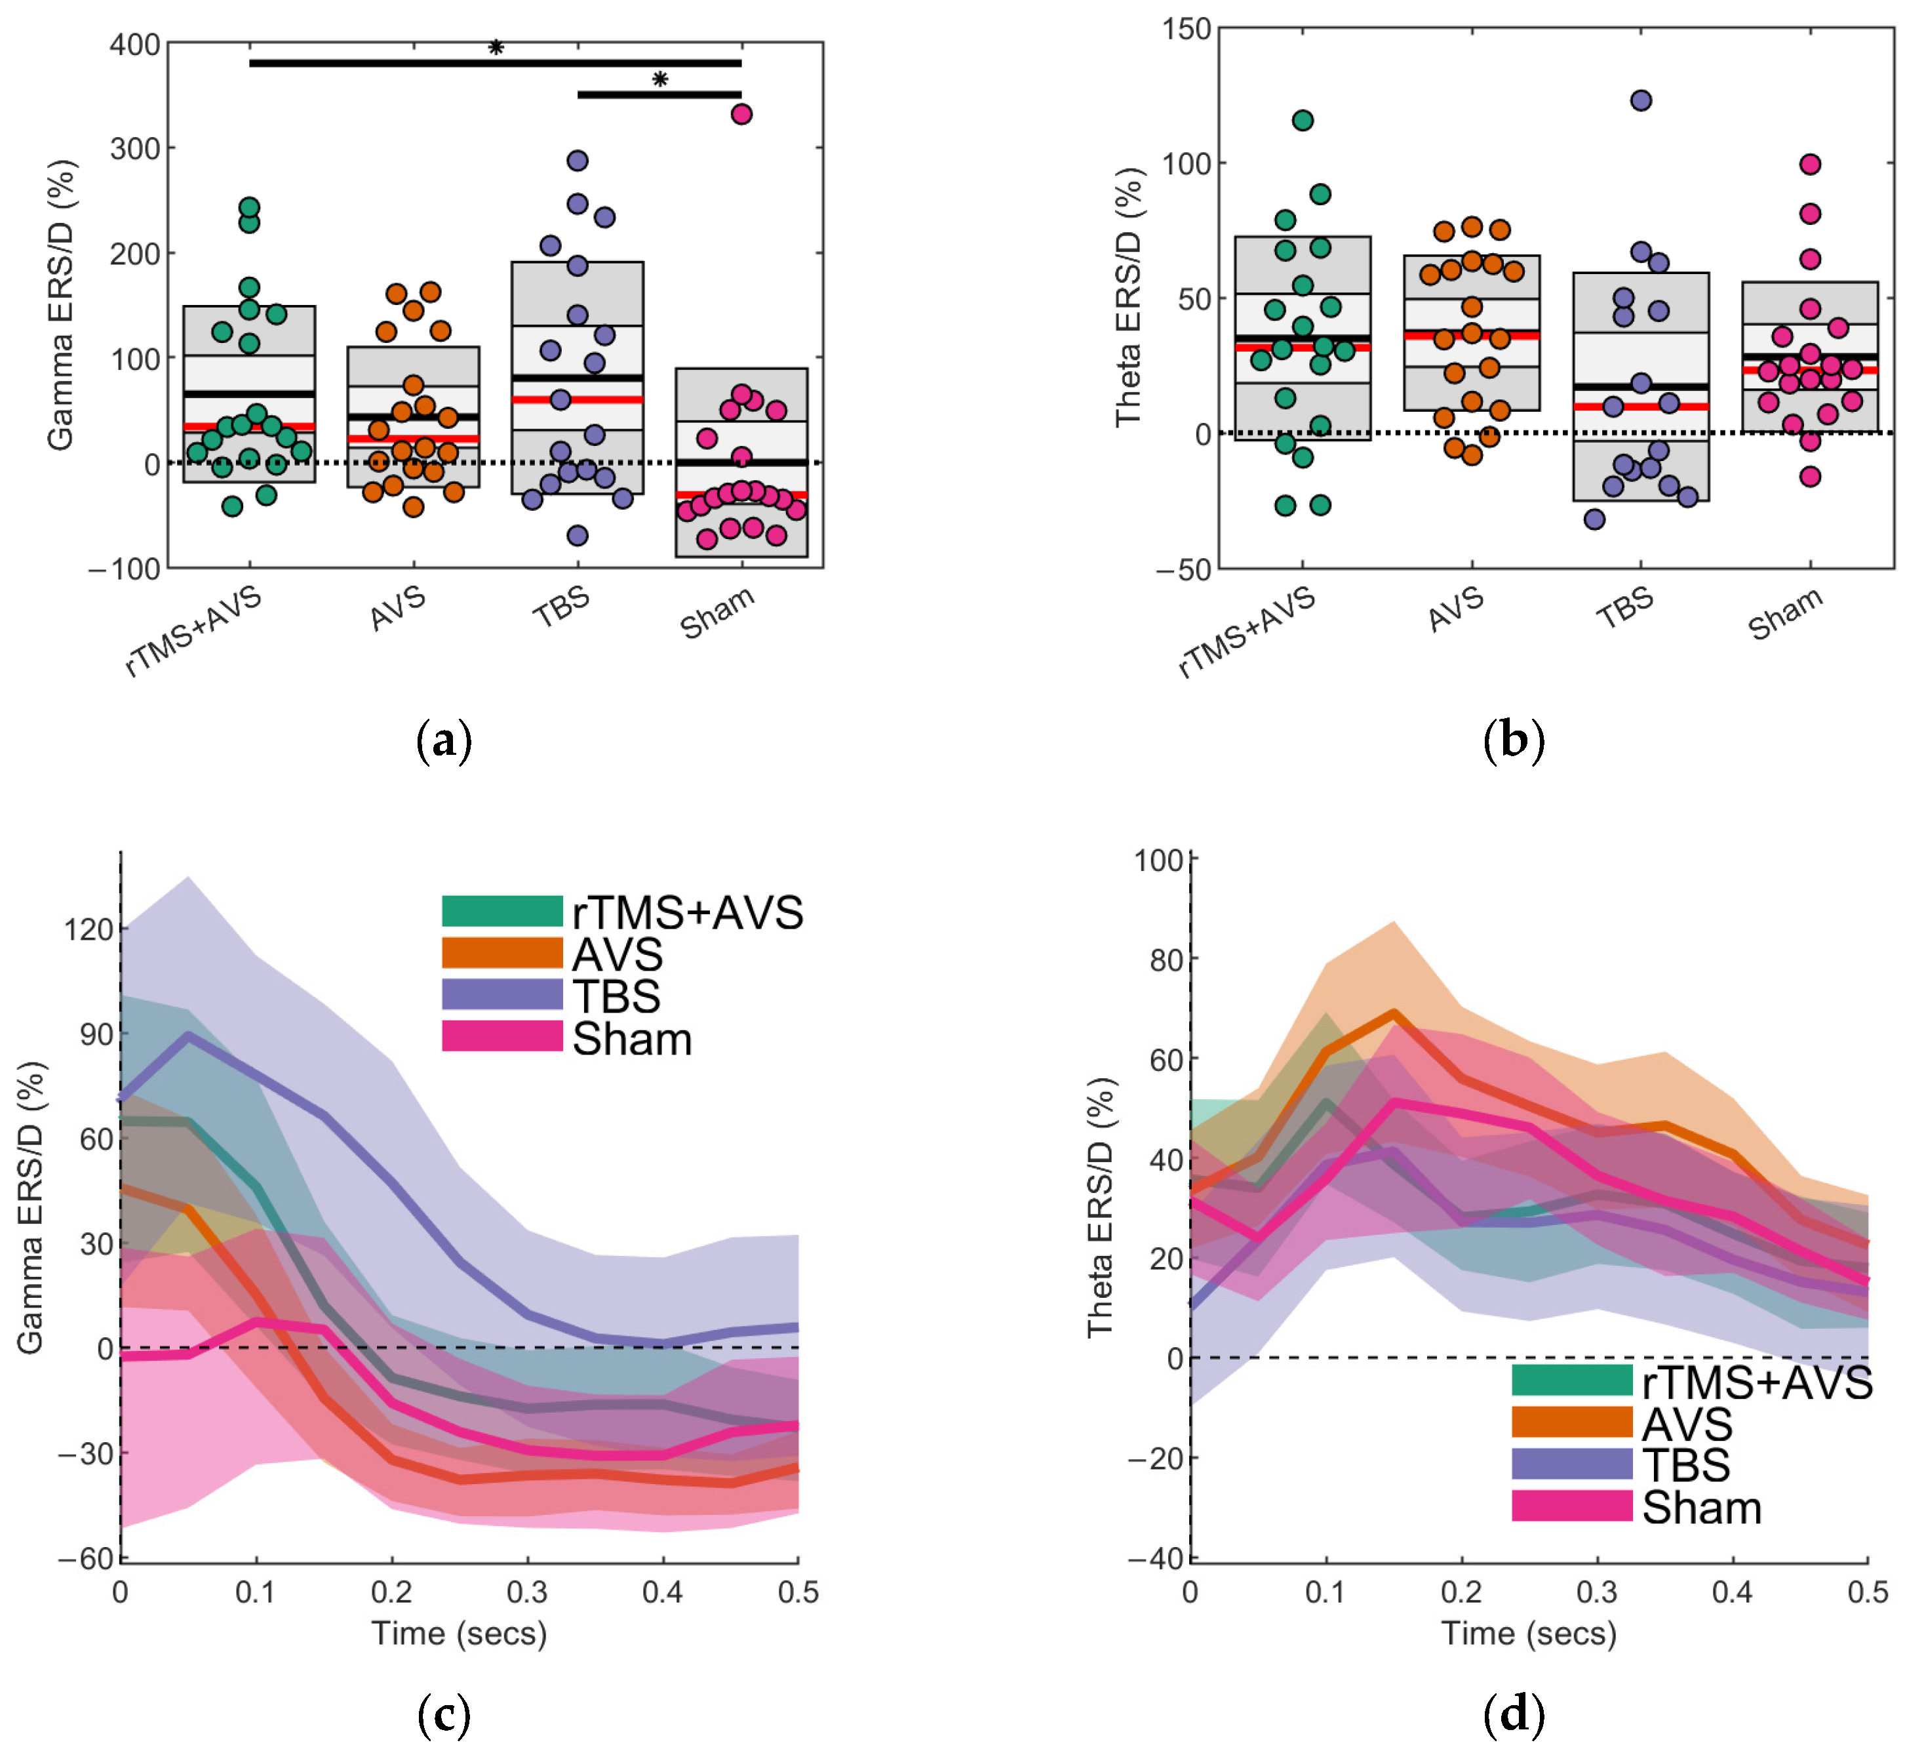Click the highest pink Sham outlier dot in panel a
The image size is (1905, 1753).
tap(741, 114)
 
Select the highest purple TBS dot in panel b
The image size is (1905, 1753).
tap(1640, 100)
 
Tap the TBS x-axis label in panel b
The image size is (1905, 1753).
tap(1625, 609)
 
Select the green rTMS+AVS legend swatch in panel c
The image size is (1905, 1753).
tap(503, 912)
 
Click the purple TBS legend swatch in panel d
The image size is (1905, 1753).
tap(1571, 1464)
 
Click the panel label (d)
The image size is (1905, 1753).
tap(1514, 1715)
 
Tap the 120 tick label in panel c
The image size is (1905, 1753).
tap(89, 930)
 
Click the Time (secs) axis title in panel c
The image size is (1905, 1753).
tap(459, 1634)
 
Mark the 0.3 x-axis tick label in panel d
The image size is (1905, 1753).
tap(1597, 1592)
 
